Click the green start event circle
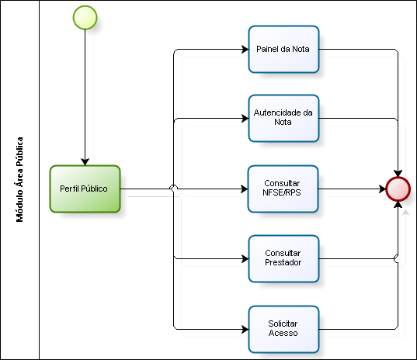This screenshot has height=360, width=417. tap(85, 18)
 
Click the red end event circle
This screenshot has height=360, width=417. tap(398, 189)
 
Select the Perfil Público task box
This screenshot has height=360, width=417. tap(85, 189)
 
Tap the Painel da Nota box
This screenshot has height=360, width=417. tap(283, 49)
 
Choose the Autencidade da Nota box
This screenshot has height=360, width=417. tap(283, 118)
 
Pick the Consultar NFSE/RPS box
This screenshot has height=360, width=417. tap(283, 189)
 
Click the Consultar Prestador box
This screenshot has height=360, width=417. tap(283, 258)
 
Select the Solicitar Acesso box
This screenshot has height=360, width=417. tap(283, 329)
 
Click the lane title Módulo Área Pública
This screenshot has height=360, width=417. tap(19, 179)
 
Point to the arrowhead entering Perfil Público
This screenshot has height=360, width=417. tap(85, 162)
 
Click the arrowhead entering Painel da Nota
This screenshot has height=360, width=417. tap(245, 49)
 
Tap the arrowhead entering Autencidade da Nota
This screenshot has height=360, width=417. tap(245, 118)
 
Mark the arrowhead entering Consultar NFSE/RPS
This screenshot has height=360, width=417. tap(245, 189)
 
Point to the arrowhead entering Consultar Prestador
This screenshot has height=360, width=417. tap(245, 258)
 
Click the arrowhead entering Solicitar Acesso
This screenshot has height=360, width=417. tap(245, 329)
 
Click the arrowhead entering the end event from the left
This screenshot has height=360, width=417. tap(382, 189)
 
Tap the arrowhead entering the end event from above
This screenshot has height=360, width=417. tap(398, 174)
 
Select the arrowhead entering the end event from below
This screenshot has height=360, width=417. tap(398, 205)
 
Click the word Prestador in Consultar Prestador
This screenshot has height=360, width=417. tap(283, 262)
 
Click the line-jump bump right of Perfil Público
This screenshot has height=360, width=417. tap(173, 188)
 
